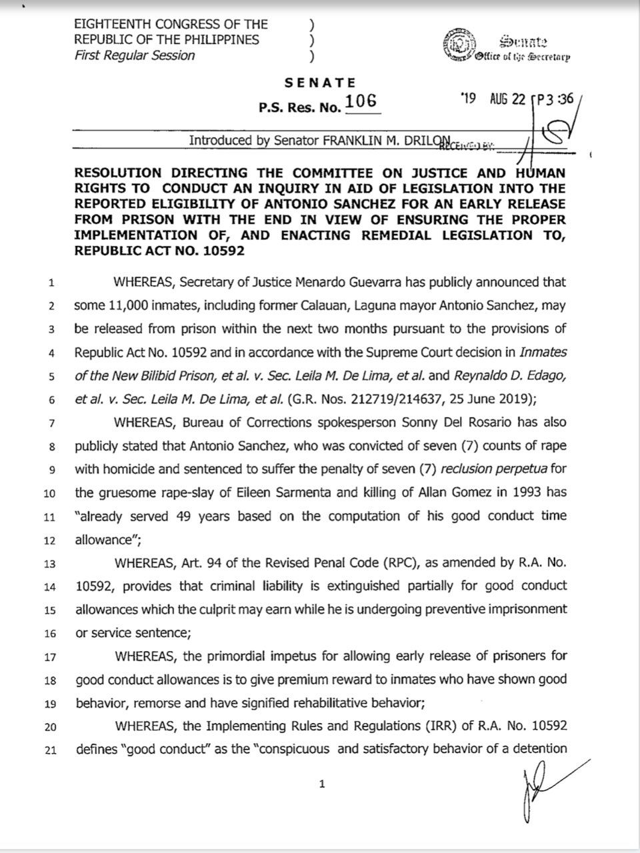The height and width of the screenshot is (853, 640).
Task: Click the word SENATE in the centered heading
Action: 320,83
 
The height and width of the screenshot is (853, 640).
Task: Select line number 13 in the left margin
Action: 50,563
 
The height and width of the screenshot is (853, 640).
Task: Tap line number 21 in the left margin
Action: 50,750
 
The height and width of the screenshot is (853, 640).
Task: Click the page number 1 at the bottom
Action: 323,784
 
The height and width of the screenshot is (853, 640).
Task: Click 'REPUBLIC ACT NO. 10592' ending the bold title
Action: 160,251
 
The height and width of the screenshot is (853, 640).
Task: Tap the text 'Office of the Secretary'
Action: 522,57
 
